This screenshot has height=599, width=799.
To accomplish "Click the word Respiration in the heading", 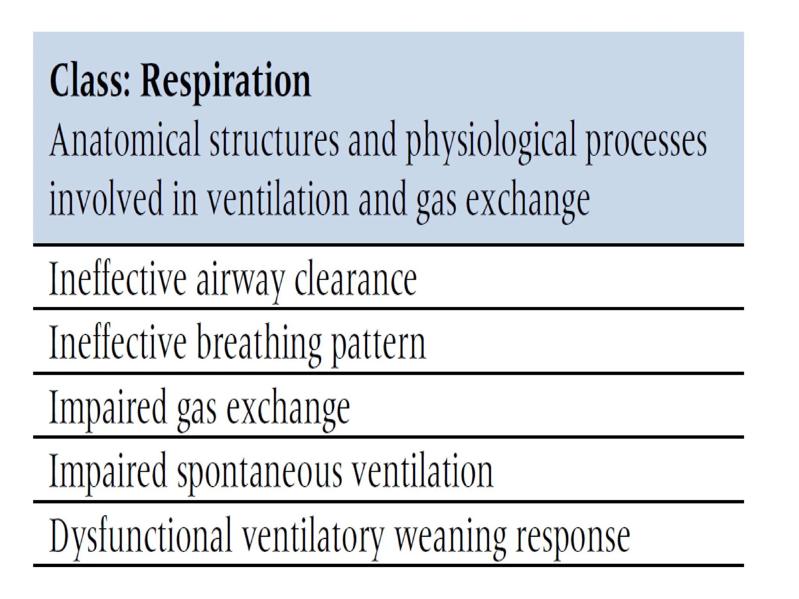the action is point(225,81).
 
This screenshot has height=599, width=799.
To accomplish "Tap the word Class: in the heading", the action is point(89,81).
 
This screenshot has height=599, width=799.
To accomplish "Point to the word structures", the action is point(274,140).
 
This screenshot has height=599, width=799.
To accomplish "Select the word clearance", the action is point(355,280).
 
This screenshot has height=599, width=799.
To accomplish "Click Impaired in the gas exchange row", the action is point(108,409).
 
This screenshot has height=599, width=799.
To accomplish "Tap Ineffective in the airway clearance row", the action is point(117,280).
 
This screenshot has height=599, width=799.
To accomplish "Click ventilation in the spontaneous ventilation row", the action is point(423,472).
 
